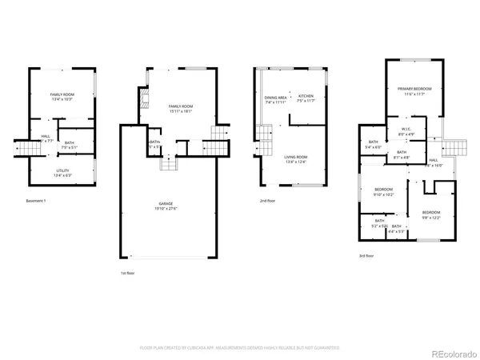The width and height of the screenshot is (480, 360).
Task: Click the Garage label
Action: pyautogui.click(x=165, y=206)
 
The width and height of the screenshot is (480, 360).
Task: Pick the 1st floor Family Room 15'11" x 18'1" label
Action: pyautogui.click(x=179, y=109)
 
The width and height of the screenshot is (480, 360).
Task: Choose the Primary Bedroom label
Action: pyautogui.click(x=418, y=92)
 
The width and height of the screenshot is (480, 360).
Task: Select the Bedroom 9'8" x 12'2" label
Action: pyautogui.click(x=431, y=214)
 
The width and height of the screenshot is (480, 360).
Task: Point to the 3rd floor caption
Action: pyautogui.click(x=366, y=256)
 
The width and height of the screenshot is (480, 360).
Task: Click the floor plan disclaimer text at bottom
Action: pyautogui.click(x=240, y=348)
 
